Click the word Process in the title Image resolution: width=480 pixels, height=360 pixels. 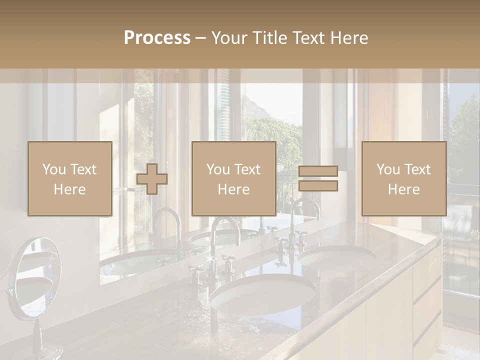(x=157, y=38)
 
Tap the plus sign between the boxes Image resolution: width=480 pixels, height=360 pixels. (x=152, y=179)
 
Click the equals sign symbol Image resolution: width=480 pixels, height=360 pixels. (x=318, y=178)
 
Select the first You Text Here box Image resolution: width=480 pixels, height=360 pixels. (x=70, y=178)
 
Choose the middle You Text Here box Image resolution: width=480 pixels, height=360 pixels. (x=234, y=178)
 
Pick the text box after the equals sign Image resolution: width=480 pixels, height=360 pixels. (x=404, y=178)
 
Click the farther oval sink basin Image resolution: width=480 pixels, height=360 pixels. (x=337, y=257)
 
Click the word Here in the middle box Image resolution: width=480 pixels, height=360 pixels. (x=234, y=189)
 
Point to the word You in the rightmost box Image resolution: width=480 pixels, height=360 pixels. (x=388, y=169)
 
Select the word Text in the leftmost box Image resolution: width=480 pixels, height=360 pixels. (x=83, y=169)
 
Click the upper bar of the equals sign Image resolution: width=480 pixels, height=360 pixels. (x=318, y=171)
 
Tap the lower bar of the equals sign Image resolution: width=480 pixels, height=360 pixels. (x=318, y=185)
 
